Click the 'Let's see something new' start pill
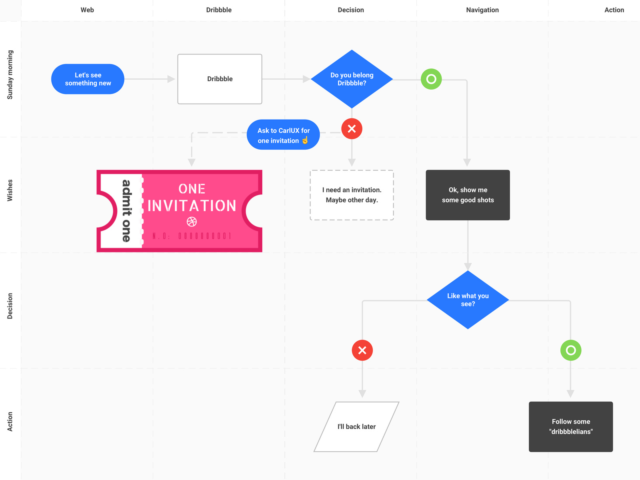88,79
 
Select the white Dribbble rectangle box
220,79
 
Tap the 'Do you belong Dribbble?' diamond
352,79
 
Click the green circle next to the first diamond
431,79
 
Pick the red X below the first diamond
352,129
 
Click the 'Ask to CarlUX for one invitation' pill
283,135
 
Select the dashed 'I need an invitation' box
352,195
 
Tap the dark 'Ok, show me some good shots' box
468,195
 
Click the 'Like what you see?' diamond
468,300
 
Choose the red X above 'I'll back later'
362,350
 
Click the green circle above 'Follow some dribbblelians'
571,350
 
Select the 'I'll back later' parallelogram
356,427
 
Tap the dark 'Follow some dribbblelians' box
571,427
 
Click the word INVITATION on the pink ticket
192,206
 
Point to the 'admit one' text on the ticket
126,211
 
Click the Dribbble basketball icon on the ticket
192,222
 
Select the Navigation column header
482,10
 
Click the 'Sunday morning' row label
10,75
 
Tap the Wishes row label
10,190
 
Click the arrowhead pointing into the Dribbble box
172,79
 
